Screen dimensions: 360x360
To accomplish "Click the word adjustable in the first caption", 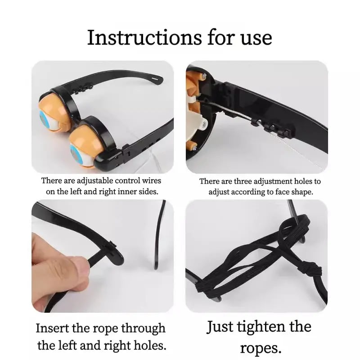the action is (94, 181).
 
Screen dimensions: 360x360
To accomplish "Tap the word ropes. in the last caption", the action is (261, 348).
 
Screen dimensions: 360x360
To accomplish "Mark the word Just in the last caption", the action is (220, 327).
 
